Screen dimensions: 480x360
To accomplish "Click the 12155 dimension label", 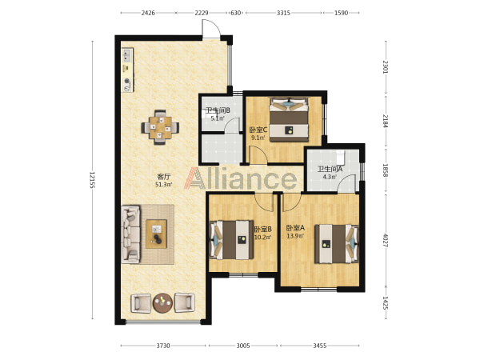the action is pos(93,180).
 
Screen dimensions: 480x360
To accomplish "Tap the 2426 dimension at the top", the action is pos(148,13).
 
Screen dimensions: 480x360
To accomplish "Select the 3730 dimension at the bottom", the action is pos(163,346).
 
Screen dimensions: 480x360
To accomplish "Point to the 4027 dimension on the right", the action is pos(386,241).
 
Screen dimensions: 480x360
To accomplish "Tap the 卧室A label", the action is pos(295,228).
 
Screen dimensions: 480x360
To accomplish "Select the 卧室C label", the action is pos(258,130).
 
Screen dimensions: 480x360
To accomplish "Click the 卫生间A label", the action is pos(330,169).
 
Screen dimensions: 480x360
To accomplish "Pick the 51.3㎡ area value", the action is pos(164,184).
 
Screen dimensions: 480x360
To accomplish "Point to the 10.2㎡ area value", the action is pos(262,237).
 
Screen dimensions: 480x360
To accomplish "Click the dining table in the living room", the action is pos(160,127).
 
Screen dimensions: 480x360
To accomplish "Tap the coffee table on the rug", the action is pos(157,234).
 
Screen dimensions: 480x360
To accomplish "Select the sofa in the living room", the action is pos(131,234).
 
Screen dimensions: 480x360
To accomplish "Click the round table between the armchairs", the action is pos(162,303).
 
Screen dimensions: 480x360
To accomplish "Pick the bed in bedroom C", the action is pos(289,119).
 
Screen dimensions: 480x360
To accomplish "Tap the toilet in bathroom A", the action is pos(341,157).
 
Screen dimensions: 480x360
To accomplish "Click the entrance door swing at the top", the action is pos(211,29).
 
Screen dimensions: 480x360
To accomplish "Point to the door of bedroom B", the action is pos(264,202).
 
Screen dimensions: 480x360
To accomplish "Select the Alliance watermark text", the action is pos(240,178).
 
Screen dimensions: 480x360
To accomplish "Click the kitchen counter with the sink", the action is pos(128,70).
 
